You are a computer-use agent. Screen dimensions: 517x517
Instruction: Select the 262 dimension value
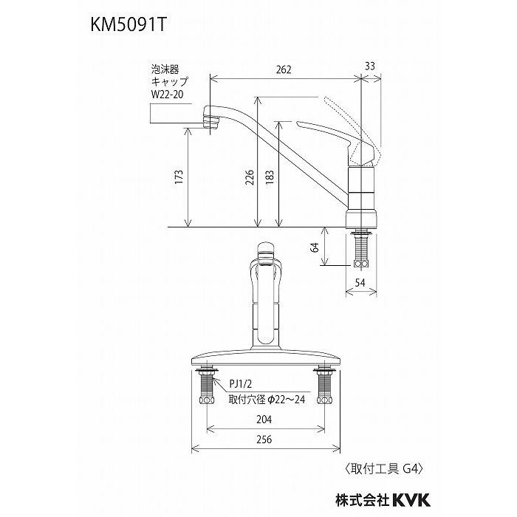[285, 69]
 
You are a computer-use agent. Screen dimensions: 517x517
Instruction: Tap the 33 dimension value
[369, 66]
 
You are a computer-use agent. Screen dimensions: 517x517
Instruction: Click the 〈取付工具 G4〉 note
[385, 468]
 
